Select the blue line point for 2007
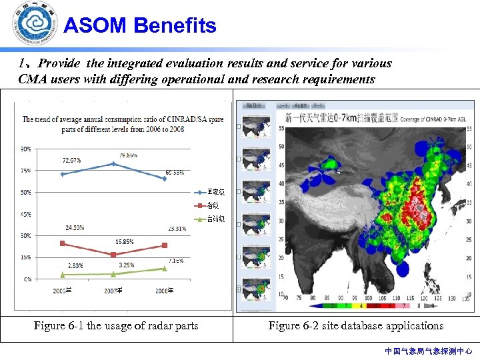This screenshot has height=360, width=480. pyautogui.click(x=113, y=163)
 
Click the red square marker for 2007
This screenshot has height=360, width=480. pyautogui.click(x=113, y=255)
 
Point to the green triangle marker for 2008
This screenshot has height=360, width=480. pyautogui.click(x=165, y=269)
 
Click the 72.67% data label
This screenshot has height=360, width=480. pyautogui.click(x=72, y=160)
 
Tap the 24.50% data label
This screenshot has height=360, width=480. pyautogui.click(x=75, y=228)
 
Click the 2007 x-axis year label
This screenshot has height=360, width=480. pyautogui.click(x=113, y=291)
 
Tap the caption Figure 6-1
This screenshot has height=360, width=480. pyautogui.click(x=116, y=326)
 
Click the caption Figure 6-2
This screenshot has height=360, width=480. pyautogui.click(x=355, y=326)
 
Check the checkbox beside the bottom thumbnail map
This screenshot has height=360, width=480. pyautogui.click(x=239, y=290)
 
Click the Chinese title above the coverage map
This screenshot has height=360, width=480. pyautogui.click(x=341, y=118)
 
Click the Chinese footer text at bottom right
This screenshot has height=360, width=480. pyautogui.click(x=428, y=351)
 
